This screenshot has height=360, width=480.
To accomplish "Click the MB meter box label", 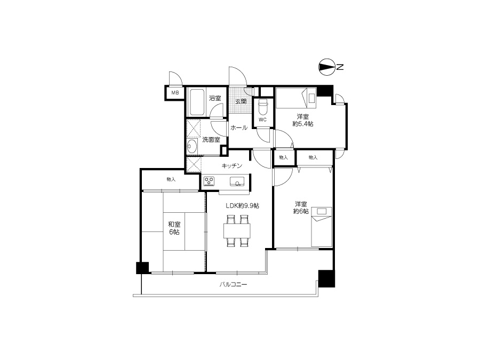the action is pos(175,93).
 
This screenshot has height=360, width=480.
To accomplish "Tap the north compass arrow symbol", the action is pos(326,67).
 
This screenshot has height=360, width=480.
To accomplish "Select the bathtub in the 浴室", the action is pos(196,102).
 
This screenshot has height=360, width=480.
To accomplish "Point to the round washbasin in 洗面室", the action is pos(192,146).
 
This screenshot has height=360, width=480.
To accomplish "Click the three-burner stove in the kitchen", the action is pos(210,181).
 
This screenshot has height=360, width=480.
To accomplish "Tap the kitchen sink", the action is pos(237,181).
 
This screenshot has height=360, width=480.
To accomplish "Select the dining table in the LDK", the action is pos(237,231).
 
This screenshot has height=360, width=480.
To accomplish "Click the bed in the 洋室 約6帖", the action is pos(322,227).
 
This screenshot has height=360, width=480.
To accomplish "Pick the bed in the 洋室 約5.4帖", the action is pos(296,98).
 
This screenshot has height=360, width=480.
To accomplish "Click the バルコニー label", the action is pos(233,285).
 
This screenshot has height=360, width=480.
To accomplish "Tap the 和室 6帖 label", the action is pos(174,228).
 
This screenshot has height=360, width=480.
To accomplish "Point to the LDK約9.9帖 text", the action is pos(243,206).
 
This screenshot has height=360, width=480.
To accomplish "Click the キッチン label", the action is pos(232,166).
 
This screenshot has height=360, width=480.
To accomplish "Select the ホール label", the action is pos(239,127).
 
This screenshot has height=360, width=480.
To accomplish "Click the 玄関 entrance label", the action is pos(241,101).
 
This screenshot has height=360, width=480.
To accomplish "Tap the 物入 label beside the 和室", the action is pos(171,179).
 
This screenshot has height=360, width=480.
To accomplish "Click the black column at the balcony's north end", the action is pos(326,278).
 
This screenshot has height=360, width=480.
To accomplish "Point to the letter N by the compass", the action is pos(340,67).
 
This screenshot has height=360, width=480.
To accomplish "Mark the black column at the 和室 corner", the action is pos(142,268).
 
